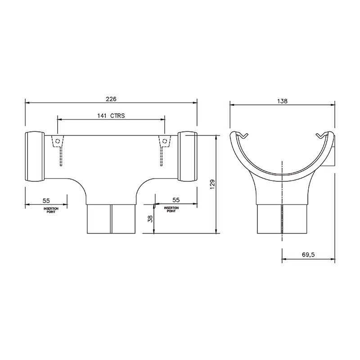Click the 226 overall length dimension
tap(111, 99)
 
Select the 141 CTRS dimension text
tap(111, 116)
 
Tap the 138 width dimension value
tap(283, 101)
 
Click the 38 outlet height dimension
tap(150, 219)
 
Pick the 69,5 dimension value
tap(308, 255)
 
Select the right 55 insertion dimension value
tap(175, 199)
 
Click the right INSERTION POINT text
tap(171, 209)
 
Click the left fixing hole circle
tap(57, 141)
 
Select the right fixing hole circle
tap(164, 141)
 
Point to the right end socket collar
tap(188, 156)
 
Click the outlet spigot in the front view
tap(111, 219)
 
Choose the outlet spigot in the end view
tap(282, 219)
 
